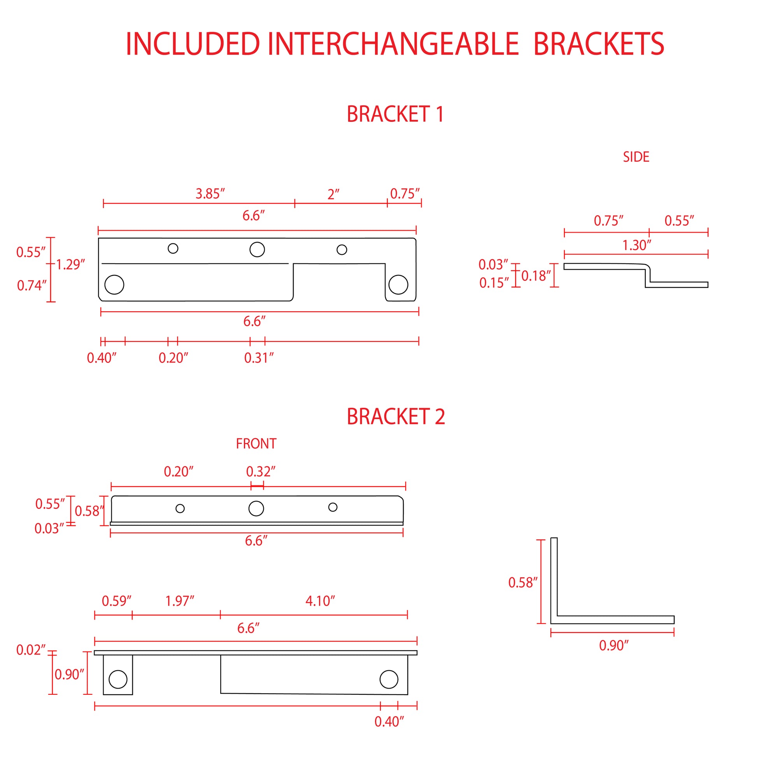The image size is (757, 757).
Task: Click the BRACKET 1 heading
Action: click(395, 114)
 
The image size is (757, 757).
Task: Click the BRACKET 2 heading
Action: click(396, 417)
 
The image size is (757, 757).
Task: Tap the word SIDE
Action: click(636, 157)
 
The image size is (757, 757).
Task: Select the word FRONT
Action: click(256, 444)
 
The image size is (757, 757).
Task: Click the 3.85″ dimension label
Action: click(210, 194)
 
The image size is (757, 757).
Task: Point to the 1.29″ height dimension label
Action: click(70, 265)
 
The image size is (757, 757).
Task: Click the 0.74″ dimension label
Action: click(32, 286)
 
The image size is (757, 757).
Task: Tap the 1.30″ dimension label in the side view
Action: click(637, 245)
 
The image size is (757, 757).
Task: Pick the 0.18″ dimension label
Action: click(536, 276)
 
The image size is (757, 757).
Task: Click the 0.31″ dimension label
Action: click(259, 358)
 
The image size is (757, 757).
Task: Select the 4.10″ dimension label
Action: click(320, 601)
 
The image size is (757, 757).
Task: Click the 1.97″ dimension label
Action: click(180, 601)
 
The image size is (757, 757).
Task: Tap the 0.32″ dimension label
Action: click(261, 471)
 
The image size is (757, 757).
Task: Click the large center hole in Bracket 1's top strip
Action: click(257, 249)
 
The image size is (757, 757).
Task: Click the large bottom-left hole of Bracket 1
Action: click(114, 284)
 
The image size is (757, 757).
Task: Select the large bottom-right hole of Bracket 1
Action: click(398, 284)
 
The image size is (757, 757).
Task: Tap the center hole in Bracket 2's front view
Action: click(256, 508)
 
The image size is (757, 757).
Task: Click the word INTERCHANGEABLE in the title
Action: click(393, 44)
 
